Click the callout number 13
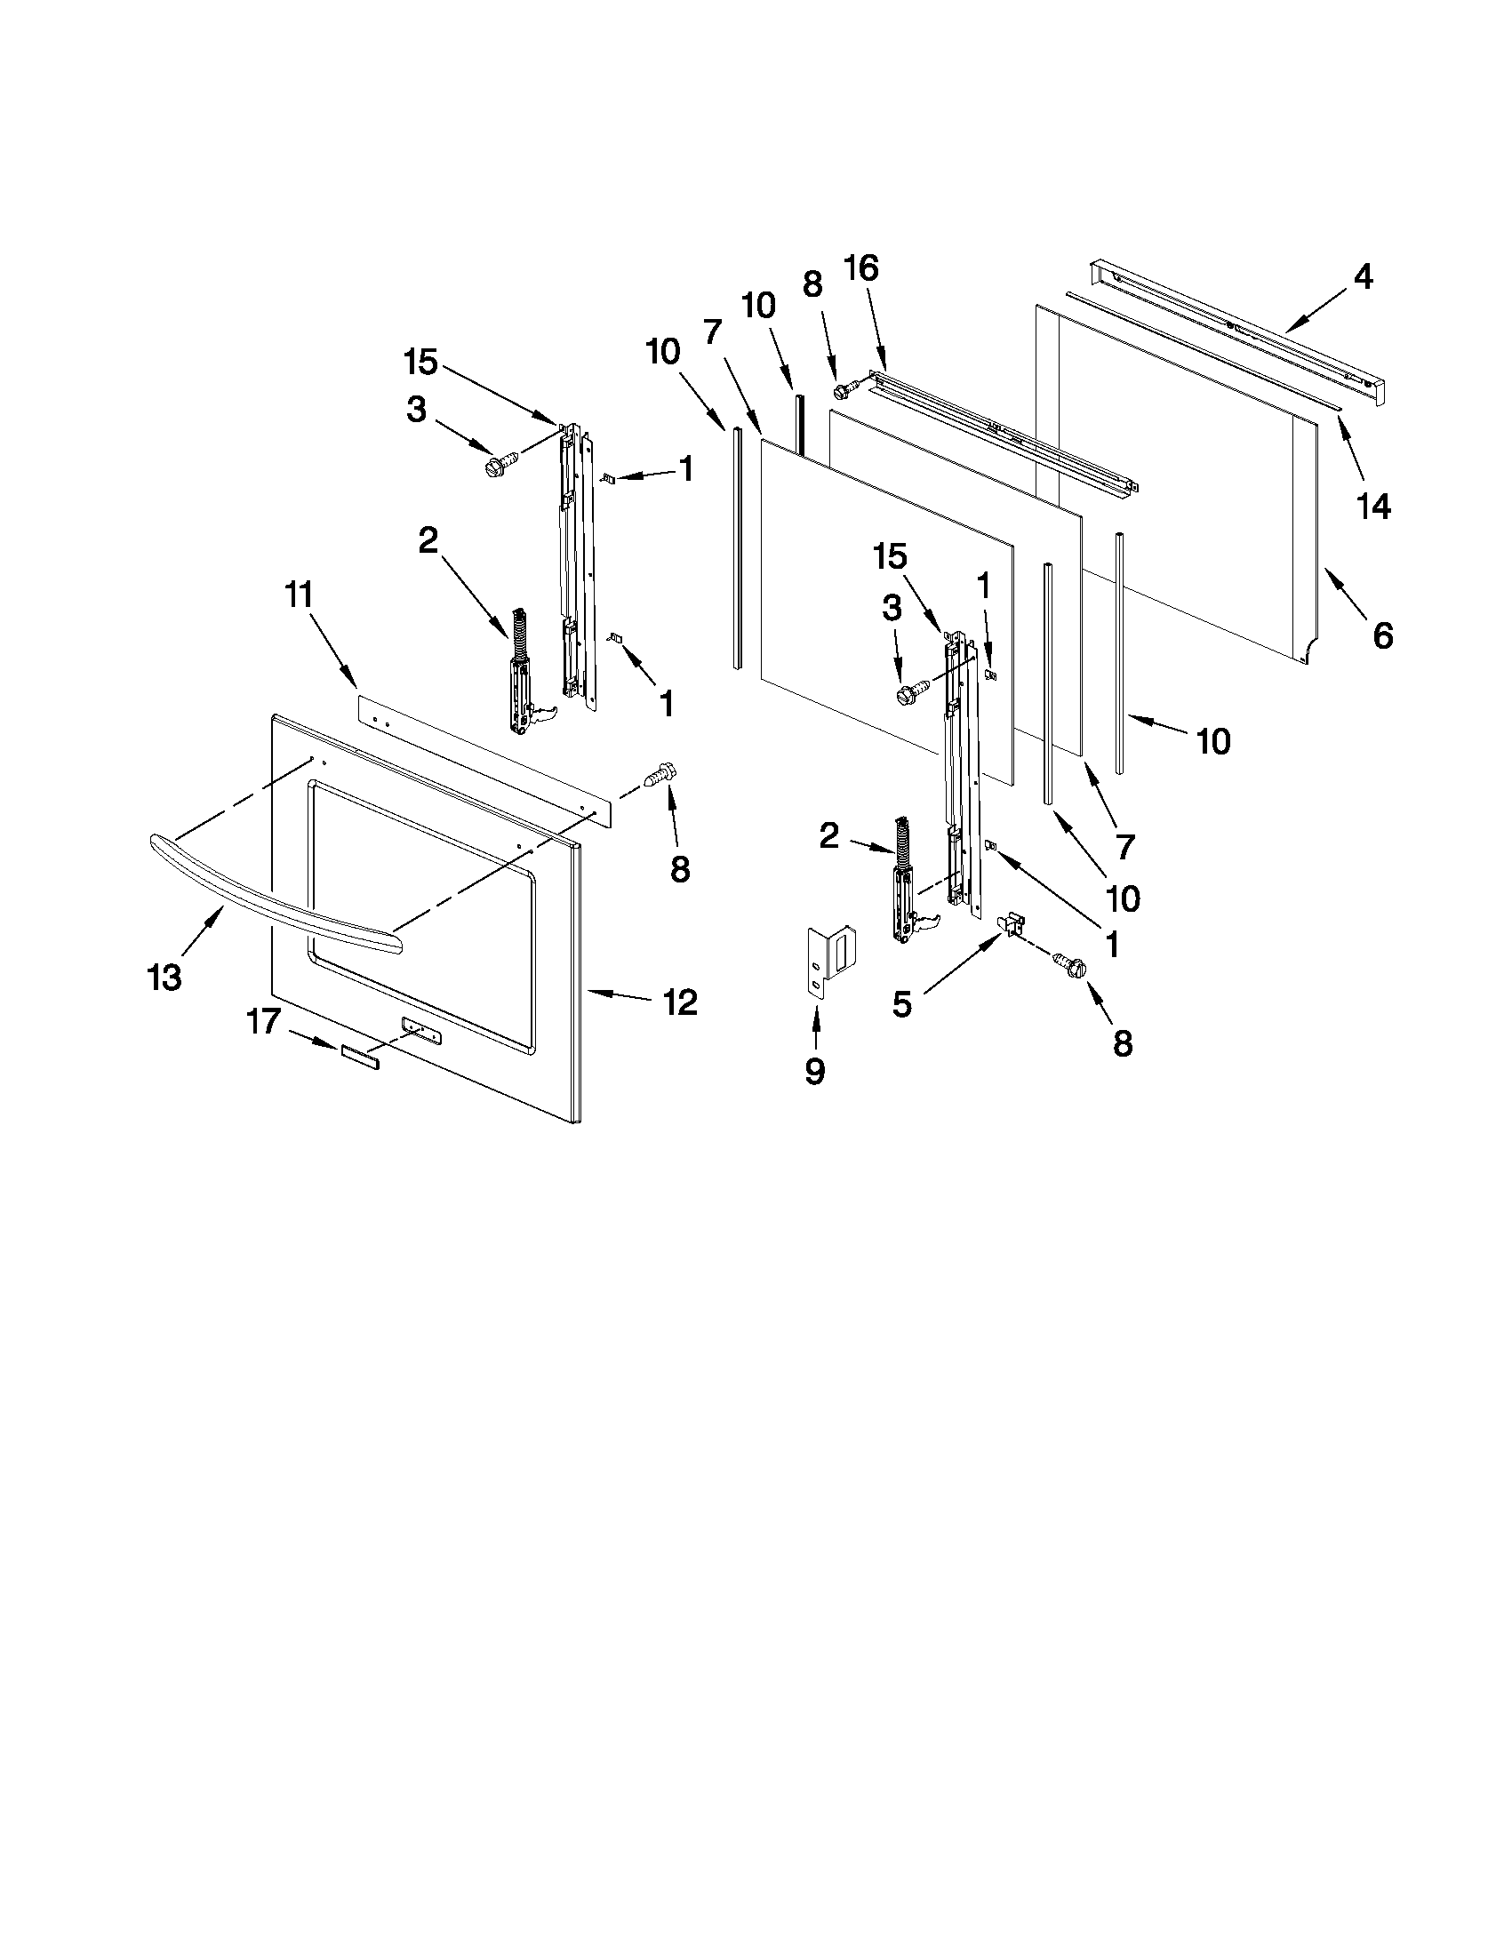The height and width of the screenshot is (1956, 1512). [x=164, y=978]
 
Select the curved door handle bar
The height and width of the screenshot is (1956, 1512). [x=268, y=887]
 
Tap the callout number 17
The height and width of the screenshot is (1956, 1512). [x=264, y=1021]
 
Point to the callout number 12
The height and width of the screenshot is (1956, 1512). [x=680, y=1002]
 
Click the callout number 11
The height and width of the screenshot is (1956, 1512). [x=300, y=595]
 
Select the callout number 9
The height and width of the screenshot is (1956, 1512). [x=815, y=1071]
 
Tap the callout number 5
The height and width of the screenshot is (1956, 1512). [x=902, y=1005]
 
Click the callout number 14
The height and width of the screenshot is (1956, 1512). [x=1374, y=507]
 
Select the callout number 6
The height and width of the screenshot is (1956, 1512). [x=1383, y=636]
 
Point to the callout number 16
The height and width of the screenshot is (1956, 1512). [x=861, y=267]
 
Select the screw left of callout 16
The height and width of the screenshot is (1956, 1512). [x=844, y=389]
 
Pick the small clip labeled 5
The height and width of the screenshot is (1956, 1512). [x=1012, y=923]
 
